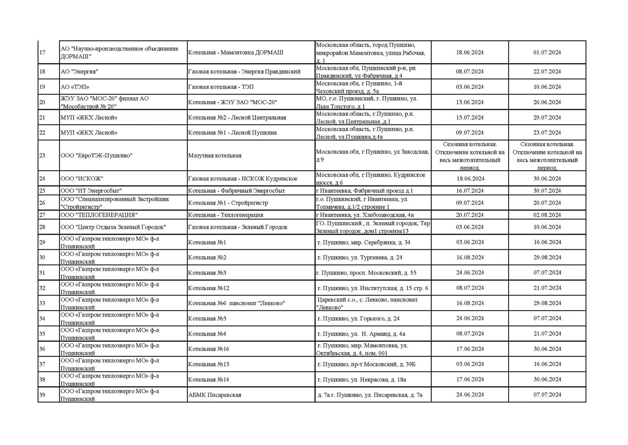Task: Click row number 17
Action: click(42, 52)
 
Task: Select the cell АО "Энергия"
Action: click(79, 71)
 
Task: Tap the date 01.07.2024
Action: click(547, 52)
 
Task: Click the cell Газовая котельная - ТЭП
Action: click(221, 87)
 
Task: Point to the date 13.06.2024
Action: click(470, 102)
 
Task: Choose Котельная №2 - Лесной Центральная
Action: click(237, 117)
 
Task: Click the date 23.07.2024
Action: click(547, 133)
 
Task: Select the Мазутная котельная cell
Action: click(215, 155)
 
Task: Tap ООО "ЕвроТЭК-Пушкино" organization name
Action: click(96, 155)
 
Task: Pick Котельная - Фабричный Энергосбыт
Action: click(236, 191)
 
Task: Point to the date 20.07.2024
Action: click(470, 215)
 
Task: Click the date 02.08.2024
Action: click(547, 215)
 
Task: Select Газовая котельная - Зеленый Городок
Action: click(238, 227)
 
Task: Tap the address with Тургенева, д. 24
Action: click(359, 258)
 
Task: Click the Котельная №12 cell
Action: click(209, 288)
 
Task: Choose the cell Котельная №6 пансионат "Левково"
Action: click(236, 303)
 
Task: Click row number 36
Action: click(42, 349)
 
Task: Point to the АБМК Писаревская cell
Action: click(215, 395)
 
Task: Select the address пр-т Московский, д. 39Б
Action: click(366, 364)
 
